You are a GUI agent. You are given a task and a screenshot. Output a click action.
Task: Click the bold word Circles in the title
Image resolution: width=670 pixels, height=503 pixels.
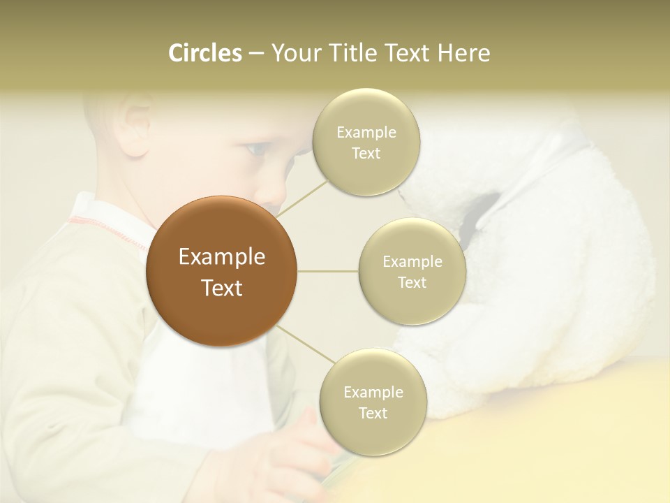click(205, 53)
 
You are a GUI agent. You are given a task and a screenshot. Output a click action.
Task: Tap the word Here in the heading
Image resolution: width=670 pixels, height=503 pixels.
click(463, 53)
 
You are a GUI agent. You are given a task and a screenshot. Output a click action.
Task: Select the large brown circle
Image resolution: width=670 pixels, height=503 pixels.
click(221, 271)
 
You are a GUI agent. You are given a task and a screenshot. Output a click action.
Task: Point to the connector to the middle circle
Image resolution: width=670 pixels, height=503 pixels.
click(327, 271)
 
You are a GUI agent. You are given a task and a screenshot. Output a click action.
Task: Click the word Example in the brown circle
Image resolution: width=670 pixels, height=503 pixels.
click(221, 257)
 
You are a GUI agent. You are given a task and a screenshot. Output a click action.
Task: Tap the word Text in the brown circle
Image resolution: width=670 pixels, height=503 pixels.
click(221, 288)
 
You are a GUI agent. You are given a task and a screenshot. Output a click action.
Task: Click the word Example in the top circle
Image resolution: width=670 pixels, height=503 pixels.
click(366, 132)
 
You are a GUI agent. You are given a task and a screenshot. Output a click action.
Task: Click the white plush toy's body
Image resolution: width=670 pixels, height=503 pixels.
click(558, 279)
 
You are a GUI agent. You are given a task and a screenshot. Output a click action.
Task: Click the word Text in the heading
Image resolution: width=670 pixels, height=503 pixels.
click(404, 53)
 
